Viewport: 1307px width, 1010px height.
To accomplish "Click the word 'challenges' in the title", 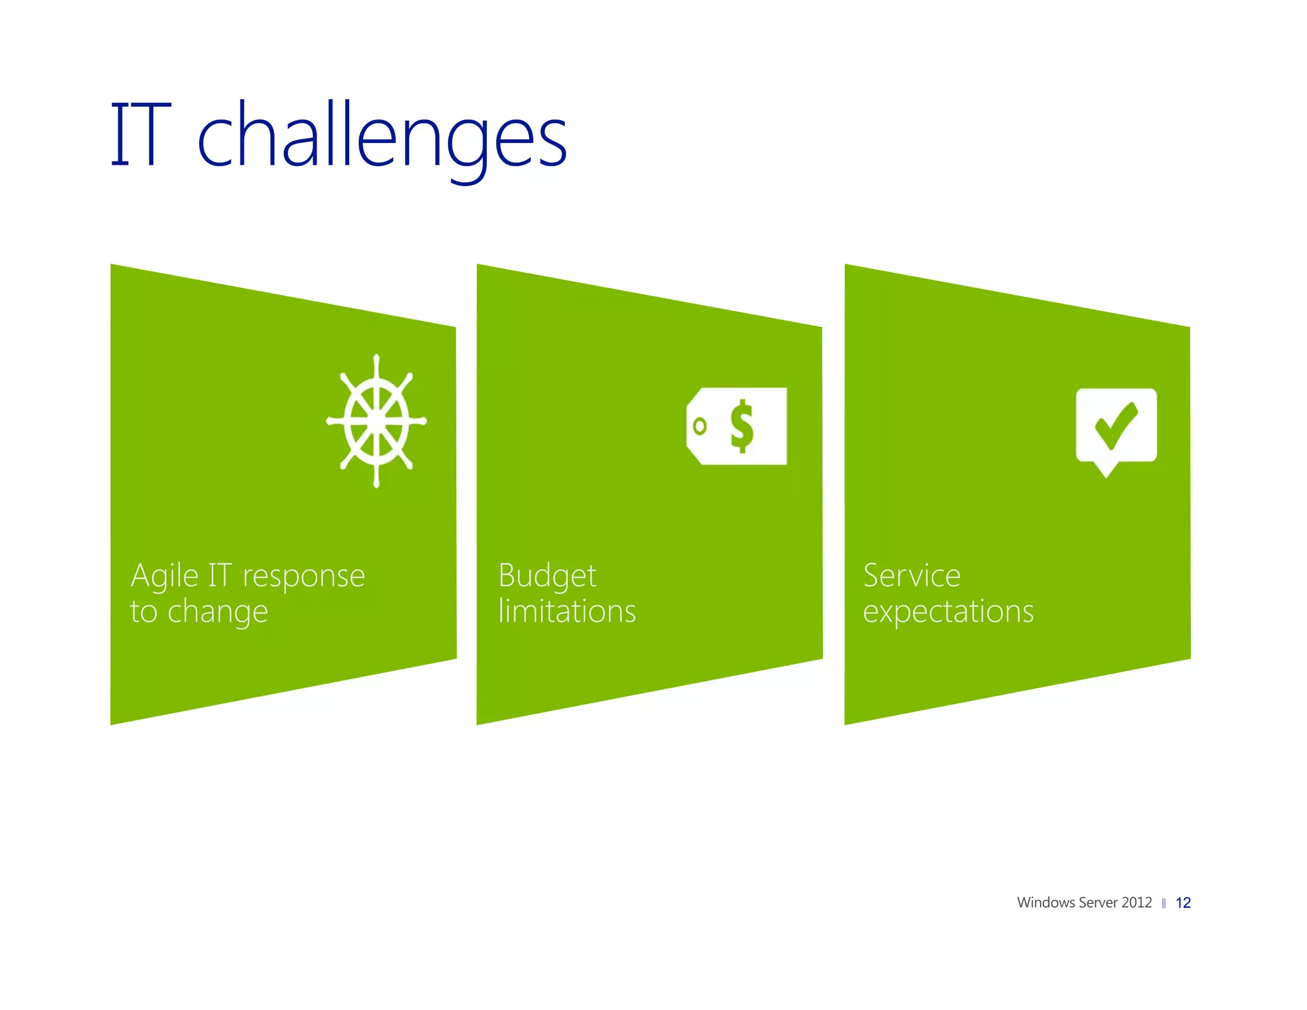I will (x=382, y=137).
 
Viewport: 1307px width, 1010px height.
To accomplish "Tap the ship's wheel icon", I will (x=377, y=421).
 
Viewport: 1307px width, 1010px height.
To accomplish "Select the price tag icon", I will (x=737, y=426).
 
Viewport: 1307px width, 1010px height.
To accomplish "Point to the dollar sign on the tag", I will (x=742, y=426).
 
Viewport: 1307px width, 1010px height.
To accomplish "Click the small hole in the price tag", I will (x=700, y=426).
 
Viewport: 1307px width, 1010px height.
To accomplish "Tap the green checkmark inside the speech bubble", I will (x=1116, y=425).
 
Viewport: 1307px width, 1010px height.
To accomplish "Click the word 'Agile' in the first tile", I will (x=164, y=577).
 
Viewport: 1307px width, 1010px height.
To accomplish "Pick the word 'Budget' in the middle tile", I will (x=547, y=577).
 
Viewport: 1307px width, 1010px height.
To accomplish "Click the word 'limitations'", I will (x=567, y=612).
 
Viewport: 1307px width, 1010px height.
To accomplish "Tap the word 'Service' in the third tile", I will (x=911, y=576).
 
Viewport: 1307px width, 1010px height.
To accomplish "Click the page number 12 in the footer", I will (x=1183, y=903).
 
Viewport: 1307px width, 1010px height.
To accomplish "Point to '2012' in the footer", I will (x=1137, y=903).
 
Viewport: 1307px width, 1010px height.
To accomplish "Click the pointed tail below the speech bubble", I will (x=1106, y=471).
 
